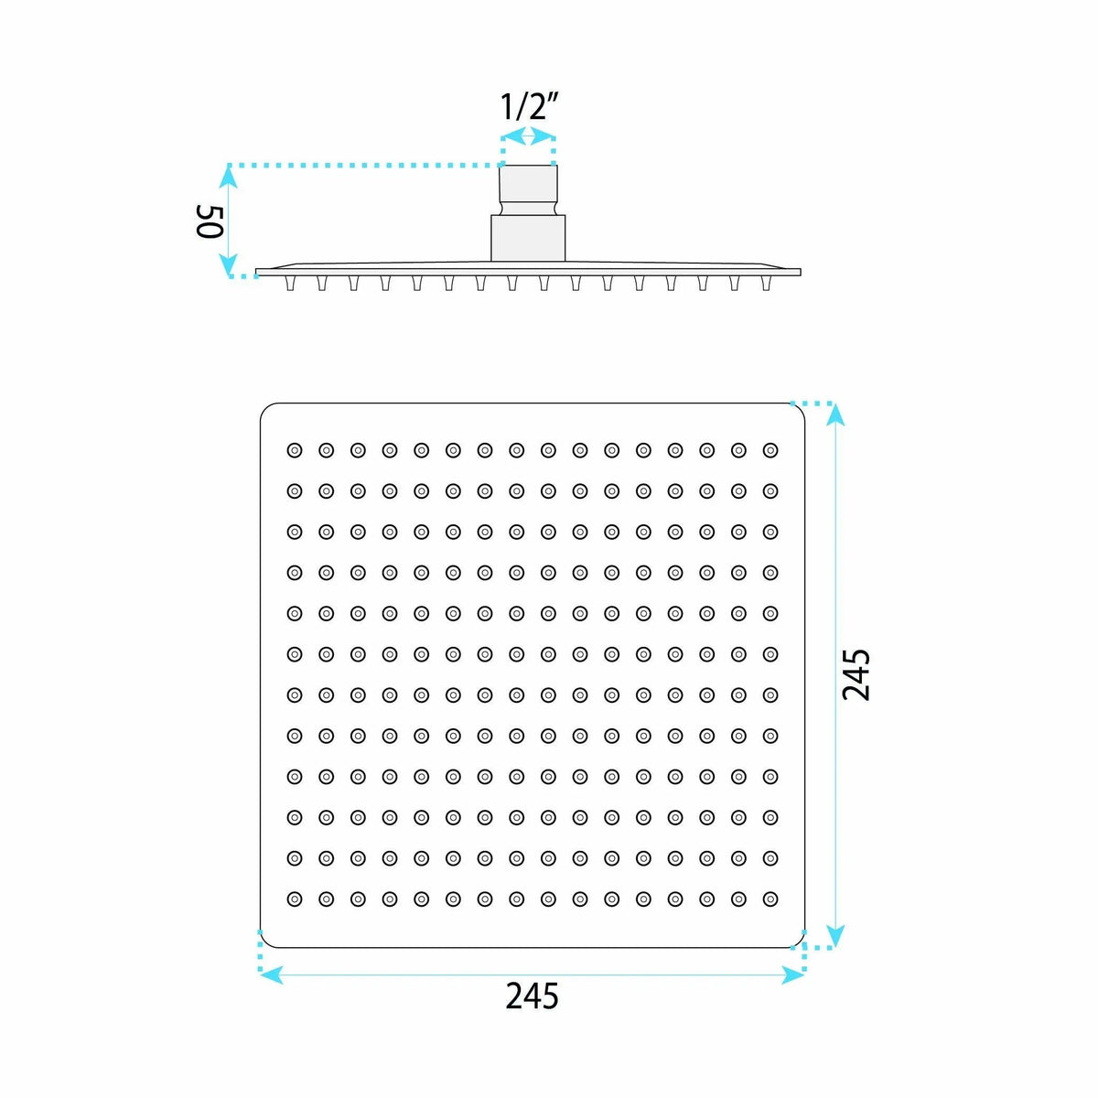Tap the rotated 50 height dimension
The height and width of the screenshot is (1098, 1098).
pyautogui.click(x=209, y=221)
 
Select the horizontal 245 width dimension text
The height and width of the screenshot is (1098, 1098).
pyautogui.click(x=532, y=996)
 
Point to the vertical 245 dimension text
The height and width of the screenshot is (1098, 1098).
pyautogui.click(x=856, y=674)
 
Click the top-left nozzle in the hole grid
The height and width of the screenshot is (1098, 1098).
pyautogui.click(x=294, y=451)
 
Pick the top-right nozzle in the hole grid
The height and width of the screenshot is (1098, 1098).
pyautogui.click(x=770, y=451)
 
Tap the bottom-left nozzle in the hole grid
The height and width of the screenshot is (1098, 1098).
pyautogui.click(x=294, y=899)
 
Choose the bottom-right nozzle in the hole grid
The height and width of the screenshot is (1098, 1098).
pyautogui.click(x=770, y=899)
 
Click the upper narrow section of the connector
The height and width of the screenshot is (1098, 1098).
pyautogui.click(x=528, y=189)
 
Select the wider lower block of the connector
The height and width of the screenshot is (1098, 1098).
pyautogui.click(x=528, y=238)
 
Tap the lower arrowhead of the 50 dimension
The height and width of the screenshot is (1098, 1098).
pyautogui.click(x=229, y=264)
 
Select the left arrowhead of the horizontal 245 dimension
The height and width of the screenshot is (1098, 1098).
pyautogui.click(x=271, y=974)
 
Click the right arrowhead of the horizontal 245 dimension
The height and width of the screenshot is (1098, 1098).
pyautogui.click(x=792, y=974)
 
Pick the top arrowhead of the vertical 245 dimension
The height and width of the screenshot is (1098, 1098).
pyautogui.click(x=834, y=414)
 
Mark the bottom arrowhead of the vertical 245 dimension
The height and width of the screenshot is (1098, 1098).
pyautogui.click(x=834, y=935)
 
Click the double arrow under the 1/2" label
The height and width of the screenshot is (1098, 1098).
pyautogui.click(x=528, y=136)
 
